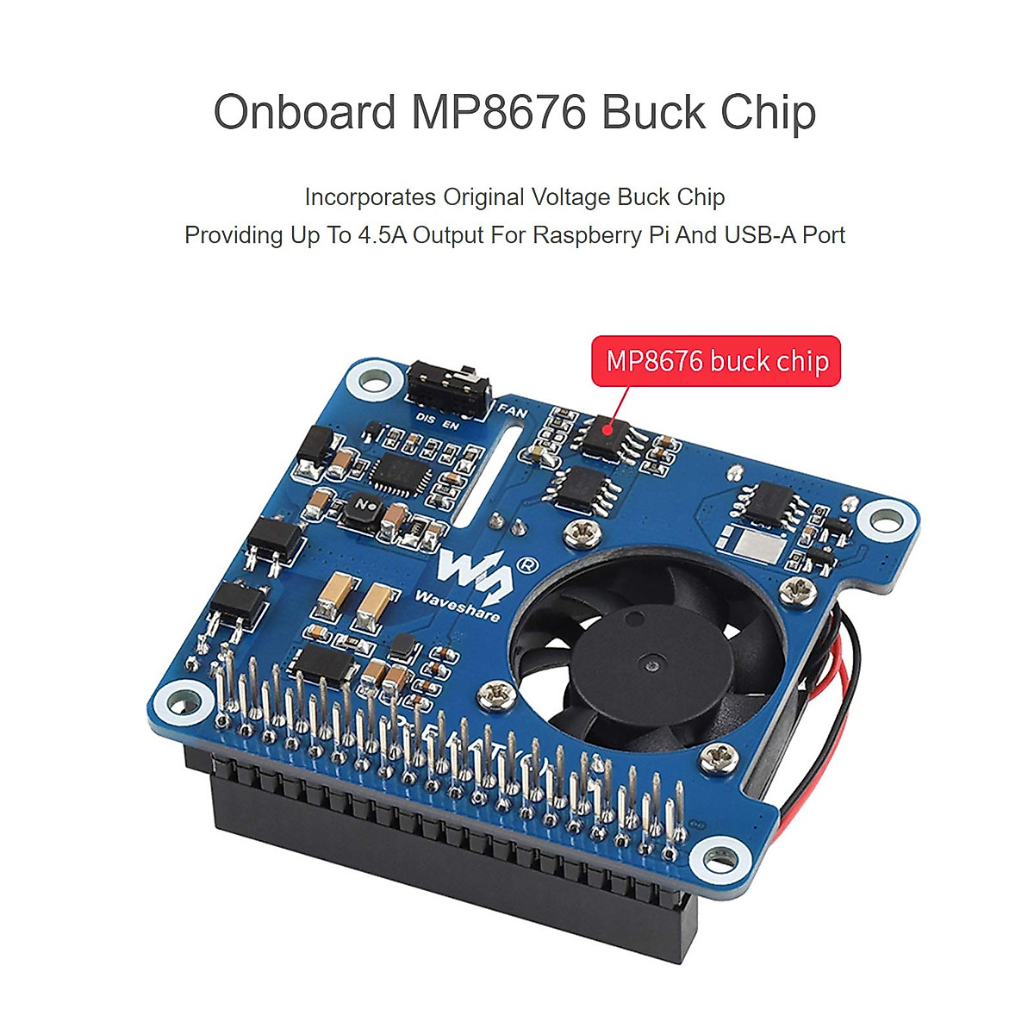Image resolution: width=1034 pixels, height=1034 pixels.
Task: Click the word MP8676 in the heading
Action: coord(498,113)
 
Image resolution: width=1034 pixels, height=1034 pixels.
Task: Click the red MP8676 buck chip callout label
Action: coord(716,361)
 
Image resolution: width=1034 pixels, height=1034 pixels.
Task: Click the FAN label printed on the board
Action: coord(513,411)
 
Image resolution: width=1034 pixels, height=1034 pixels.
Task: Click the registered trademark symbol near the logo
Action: coord(526,565)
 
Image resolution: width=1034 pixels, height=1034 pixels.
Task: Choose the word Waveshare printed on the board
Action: coord(457,605)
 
